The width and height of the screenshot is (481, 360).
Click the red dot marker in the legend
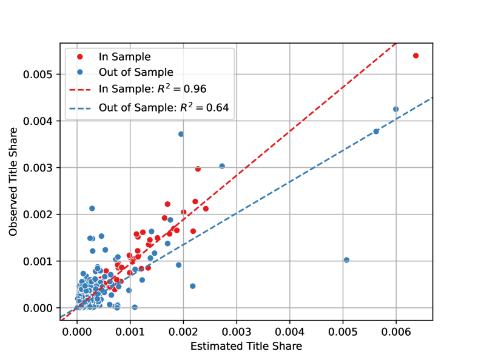[79, 57]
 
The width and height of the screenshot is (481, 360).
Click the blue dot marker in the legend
[79, 73]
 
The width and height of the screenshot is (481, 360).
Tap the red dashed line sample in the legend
[79, 89]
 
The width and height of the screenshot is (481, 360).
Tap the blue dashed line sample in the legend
[79, 108]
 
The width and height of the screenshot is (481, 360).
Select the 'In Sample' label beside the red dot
[124, 57]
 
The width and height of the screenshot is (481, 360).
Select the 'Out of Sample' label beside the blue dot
[136, 73]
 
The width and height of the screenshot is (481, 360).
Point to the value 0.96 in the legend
[195, 89]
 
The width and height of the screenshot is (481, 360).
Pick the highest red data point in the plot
[415, 56]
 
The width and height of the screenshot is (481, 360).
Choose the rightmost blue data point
[395, 109]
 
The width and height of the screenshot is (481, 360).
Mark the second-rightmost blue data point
[375, 132]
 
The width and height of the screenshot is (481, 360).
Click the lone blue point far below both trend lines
[346, 260]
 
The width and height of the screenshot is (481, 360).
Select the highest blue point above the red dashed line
[181, 134]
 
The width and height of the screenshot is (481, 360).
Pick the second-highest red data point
[198, 169]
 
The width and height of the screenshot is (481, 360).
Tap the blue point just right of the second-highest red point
[222, 166]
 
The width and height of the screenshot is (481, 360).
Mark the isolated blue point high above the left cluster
[92, 208]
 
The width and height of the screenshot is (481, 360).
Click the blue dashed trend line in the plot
[303, 175]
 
